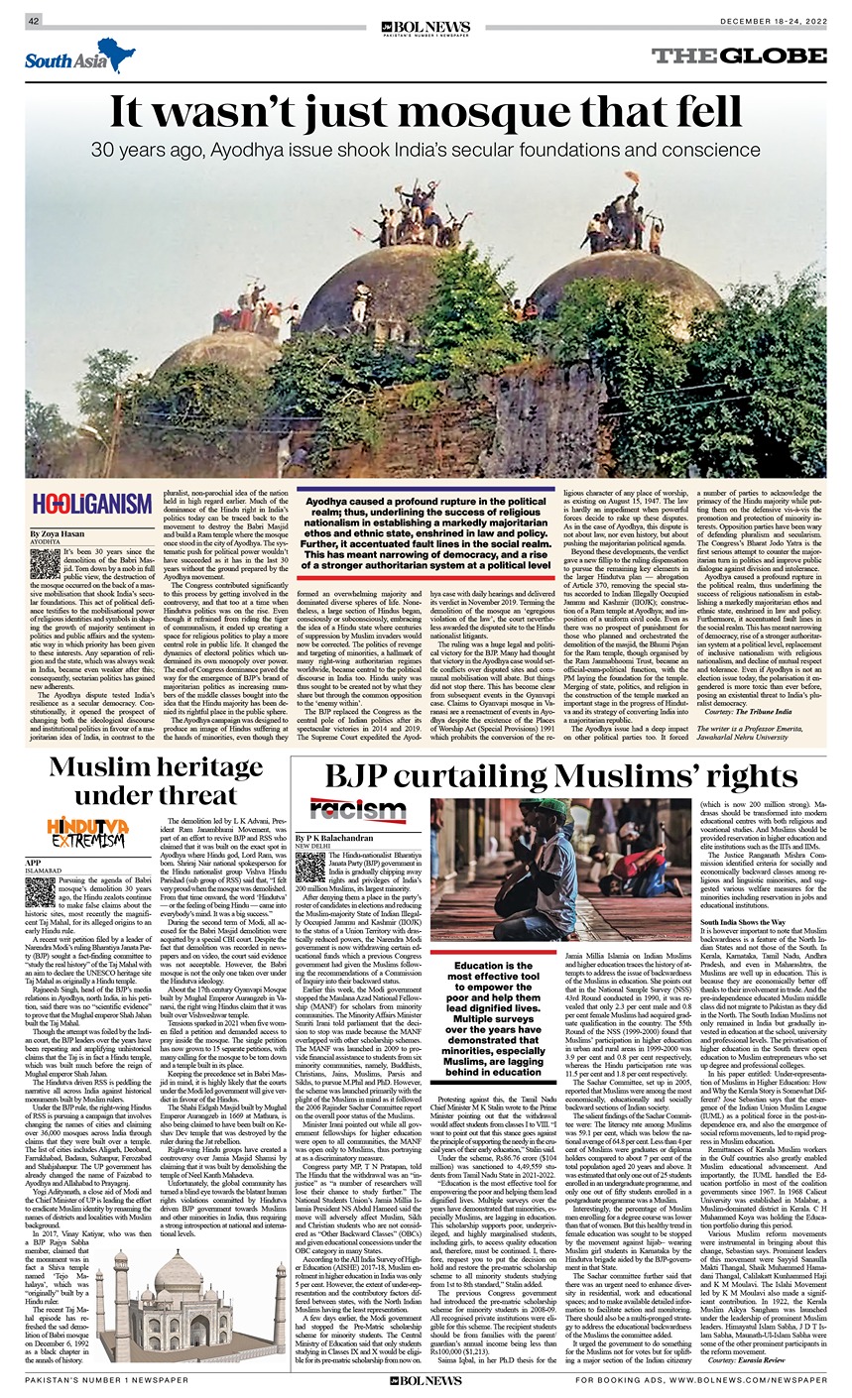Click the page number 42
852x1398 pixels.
pos(33,21)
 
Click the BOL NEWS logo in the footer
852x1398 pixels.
pos(426,1380)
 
